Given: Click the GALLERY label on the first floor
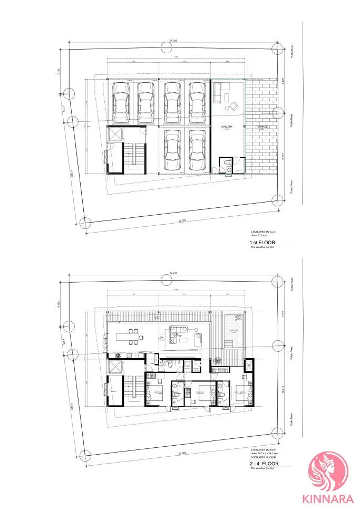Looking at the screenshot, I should [227, 127].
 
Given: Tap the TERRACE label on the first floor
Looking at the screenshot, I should [262, 127].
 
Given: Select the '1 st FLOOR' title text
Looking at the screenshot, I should [262, 243].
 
